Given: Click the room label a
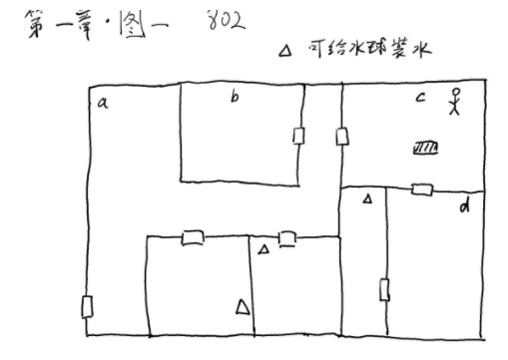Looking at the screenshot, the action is pos(102,102).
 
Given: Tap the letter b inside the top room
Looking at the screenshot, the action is pos(234,98).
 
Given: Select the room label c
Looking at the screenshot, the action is pos(420,98).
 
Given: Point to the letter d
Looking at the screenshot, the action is pos(464,206).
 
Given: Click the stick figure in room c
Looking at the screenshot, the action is pos(455,104).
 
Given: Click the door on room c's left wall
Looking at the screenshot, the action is pos(341,135).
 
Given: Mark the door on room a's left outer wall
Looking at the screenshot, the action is pos(88,306).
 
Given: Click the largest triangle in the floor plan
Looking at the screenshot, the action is pos(242,307).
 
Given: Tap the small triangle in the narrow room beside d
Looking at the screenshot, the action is pos(366,199).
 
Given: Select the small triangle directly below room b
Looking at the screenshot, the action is pos(263,248).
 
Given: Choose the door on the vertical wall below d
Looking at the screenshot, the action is pos(384,291).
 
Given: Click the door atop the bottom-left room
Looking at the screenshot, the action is pos(193,238).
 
